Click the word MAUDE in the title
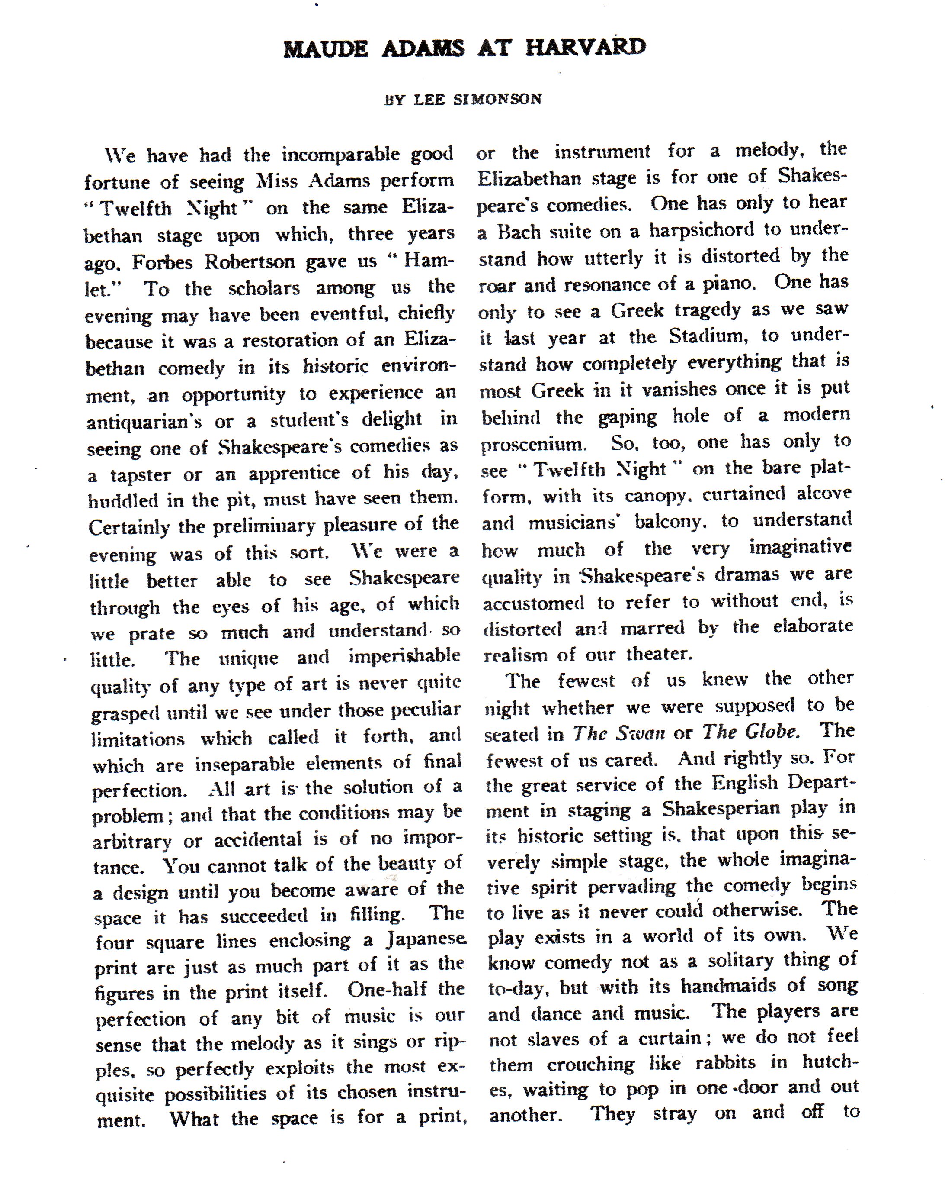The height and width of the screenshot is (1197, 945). (x=325, y=49)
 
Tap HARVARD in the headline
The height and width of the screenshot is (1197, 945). (x=585, y=47)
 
